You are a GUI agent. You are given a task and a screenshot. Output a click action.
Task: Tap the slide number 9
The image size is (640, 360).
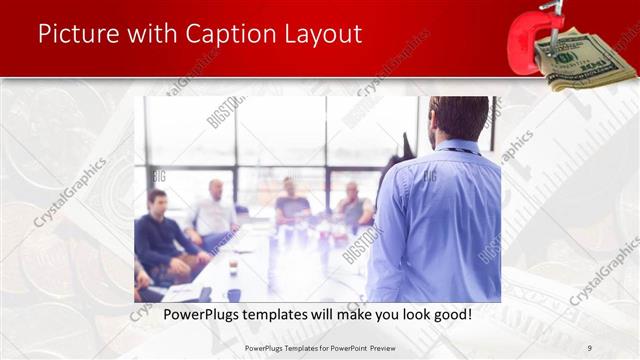[x=589, y=347]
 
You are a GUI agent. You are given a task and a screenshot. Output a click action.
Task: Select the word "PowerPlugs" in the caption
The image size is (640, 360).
[x=198, y=315]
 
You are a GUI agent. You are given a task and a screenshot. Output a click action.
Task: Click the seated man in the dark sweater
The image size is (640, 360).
[x=160, y=235]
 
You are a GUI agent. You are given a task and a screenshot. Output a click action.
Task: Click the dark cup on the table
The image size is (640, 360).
[x=232, y=268]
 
